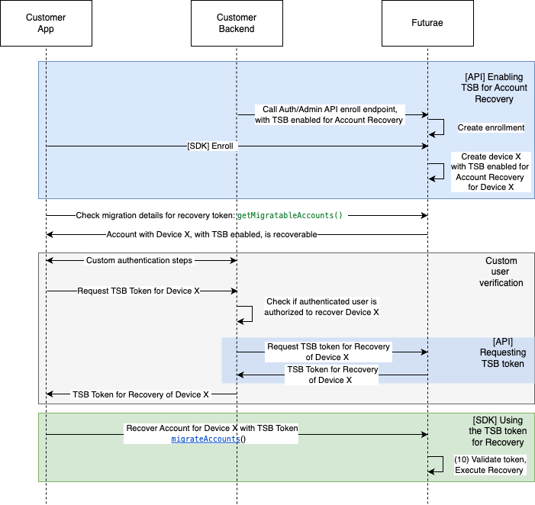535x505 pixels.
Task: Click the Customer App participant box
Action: pyautogui.click(x=46, y=24)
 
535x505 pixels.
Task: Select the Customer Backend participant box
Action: pyautogui.click(x=237, y=24)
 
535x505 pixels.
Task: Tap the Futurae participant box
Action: pyautogui.click(x=427, y=24)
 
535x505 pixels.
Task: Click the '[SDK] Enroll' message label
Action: pyautogui.click(x=210, y=145)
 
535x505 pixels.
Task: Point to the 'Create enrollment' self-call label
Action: pyautogui.click(x=491, y=127)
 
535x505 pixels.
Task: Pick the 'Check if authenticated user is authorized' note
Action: pyautogui.click(x=321, y=307)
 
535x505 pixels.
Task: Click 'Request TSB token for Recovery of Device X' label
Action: pyautogui.click(x=328, y=352)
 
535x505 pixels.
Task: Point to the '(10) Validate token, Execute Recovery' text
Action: pyautogui.click(x=489, y=465)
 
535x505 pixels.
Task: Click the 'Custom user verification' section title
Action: pyautogui.click(x=501, y=272)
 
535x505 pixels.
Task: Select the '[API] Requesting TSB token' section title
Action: pyautogui.click(x=501, y=352)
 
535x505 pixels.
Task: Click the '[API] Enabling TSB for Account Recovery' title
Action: pyautogui.click(x=495, y=88)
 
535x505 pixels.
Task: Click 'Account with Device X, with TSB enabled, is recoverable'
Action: pyautogui.click(x=211, y=234)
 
